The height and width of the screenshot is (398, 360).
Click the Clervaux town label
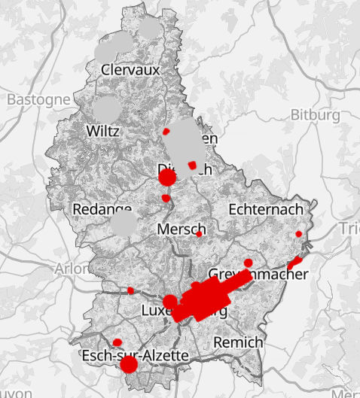(x=132, y=70)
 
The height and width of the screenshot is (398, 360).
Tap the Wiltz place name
(x=103, y=130)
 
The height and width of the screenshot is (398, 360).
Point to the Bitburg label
(x=315, y=115)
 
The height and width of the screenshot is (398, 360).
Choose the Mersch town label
(x=182, y=229)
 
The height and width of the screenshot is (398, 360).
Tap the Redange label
(x=102, y=208)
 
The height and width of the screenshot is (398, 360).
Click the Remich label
(x=239, y=342)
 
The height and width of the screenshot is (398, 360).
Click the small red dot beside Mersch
(x=199, y=234)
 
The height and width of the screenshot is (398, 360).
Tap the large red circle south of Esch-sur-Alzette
(x=129, y=365)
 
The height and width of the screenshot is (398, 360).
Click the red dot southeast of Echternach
(x=299, y=235)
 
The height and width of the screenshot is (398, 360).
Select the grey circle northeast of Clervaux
(x=151, y=29)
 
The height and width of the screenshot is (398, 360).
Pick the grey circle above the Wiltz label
(x=107, y=108)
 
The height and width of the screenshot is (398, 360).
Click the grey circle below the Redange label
(x=124, y=223)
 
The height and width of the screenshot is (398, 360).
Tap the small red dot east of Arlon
(x=130, y=290)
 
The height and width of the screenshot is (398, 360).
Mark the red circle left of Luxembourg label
(x=170, y=302)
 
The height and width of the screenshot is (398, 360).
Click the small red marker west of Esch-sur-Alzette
(x=117, y=342)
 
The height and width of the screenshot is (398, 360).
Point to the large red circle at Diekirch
(x=167, y=177)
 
